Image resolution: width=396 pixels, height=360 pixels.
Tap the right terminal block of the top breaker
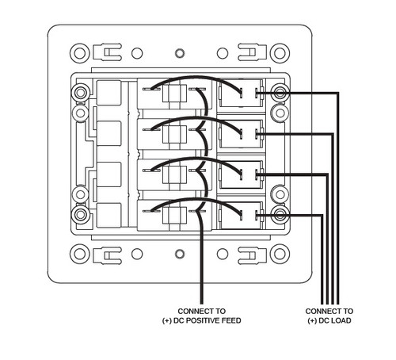(241, 95)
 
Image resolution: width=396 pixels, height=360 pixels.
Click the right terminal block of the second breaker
(241, 134)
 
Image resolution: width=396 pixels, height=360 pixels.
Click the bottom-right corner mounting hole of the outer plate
(279, 255)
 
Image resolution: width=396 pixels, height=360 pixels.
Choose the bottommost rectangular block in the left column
(109, 213)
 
